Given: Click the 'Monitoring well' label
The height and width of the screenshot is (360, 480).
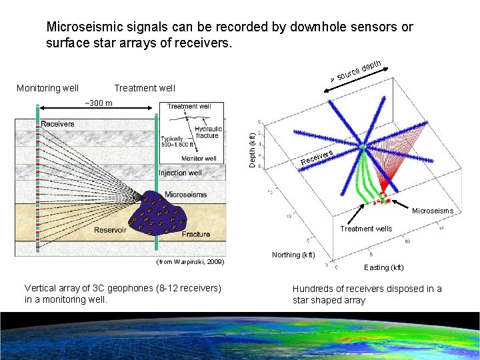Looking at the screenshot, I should (x=47, y=88).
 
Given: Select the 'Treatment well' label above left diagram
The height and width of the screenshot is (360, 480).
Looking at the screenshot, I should (x=145, y=88).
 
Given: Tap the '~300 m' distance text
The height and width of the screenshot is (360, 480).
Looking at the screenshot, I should (x=99, y=103).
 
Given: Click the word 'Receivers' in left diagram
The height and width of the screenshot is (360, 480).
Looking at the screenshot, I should (x=58, y=124).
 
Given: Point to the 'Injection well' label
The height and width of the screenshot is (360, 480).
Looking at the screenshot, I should (x=181, y=173).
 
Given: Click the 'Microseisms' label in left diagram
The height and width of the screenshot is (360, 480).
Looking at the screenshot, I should (x=185, y=195).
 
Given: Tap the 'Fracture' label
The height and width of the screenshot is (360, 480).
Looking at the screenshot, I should (x=195, y=234).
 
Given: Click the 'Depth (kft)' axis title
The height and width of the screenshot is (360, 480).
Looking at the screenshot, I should (x=251, y=151).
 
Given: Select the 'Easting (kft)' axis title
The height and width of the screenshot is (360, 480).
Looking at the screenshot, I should (x=383, y=267).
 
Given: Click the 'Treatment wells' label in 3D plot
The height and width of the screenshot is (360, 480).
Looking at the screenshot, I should (x=366, y=229).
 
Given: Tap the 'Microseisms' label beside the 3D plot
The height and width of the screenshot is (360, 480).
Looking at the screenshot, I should (x=432, y=211).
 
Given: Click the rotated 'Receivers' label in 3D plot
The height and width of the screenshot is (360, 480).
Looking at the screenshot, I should (x=317, y=157).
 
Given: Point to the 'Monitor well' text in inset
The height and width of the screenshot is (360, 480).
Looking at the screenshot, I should (x=199, y=159).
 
